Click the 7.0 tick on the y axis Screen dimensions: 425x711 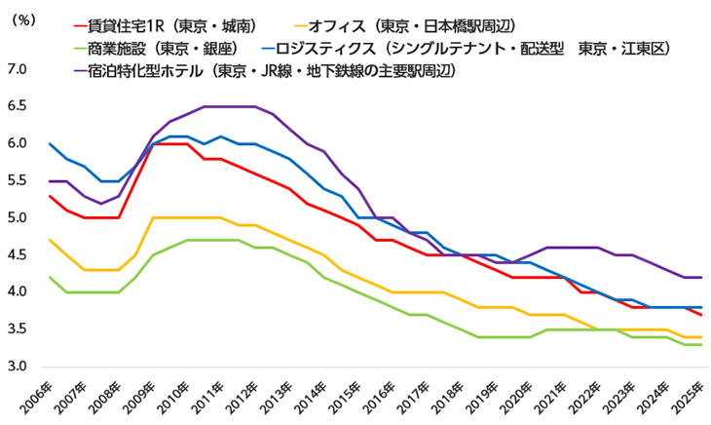(18, 69)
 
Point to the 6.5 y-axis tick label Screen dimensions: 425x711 (18, 106)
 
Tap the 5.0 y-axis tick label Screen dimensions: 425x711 (18, 218)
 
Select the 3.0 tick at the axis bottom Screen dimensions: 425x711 (18, 367)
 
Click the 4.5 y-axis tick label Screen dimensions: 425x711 (18, 255)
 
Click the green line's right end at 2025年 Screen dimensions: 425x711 (701, 345)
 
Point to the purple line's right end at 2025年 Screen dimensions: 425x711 (701, 278)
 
